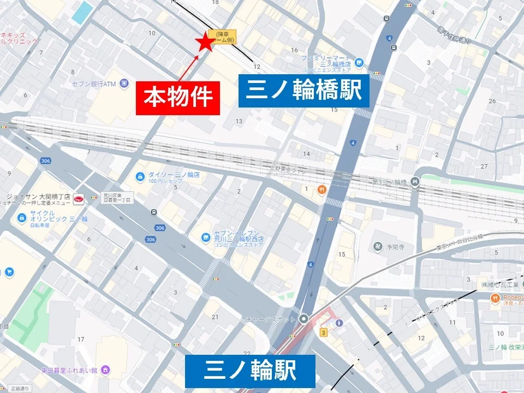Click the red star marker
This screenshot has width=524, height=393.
tap(206, 43)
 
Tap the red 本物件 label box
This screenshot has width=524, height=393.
tap(177, 98)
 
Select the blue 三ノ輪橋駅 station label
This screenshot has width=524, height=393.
tap(304, 91)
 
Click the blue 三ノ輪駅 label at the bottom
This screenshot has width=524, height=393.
tap(250, 371)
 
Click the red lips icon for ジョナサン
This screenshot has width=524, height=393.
tap(79, 200)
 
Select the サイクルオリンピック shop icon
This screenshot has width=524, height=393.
tap(22, 218)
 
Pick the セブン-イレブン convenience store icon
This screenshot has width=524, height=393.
tap(206, 237)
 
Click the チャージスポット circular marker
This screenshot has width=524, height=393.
tap(303, 319)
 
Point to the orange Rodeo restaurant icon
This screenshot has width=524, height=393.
tap(496, 298)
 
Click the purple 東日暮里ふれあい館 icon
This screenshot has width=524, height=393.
tap(105, 370)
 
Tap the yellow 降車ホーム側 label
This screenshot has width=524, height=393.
tap(222, 37)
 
